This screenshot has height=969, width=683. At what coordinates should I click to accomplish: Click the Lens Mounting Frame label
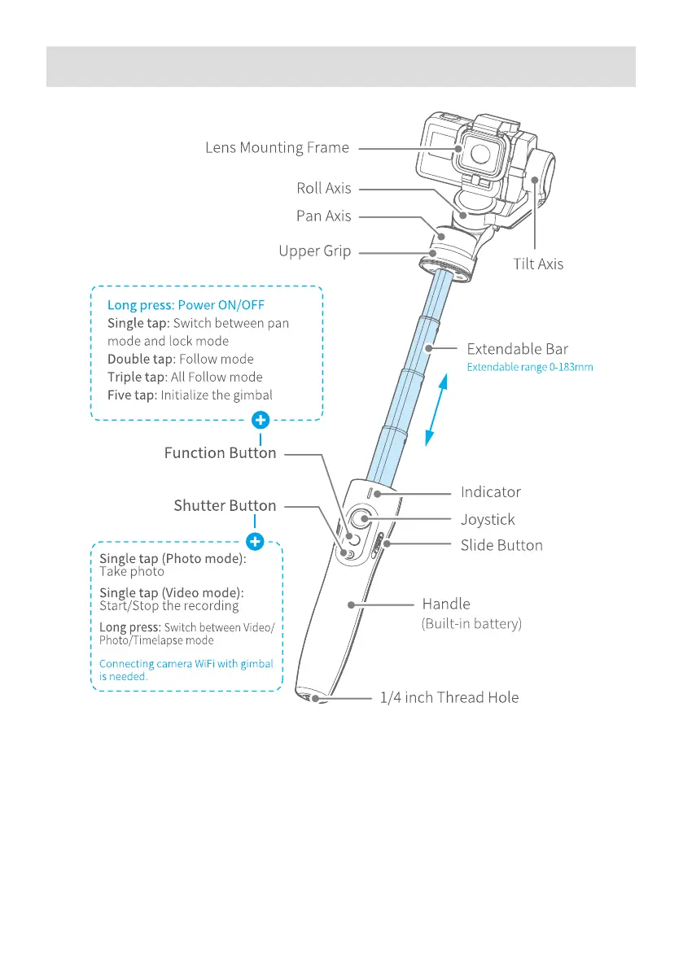click(x=277, y=148)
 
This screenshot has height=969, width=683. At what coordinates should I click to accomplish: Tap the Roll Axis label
click(x=324, y=188)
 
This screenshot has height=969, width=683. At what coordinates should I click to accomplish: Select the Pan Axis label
click(x=324, y=216)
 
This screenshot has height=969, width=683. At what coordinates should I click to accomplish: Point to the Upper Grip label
click(x=315, y=251)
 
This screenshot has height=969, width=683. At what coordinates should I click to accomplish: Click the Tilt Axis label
click(x=538, y=264)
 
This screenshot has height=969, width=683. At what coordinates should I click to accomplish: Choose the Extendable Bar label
click(x=517, y=349)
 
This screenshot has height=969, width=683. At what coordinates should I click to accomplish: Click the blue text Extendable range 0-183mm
click(x=529, y=368)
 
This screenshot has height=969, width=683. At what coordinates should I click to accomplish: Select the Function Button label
click(x=220, y=452)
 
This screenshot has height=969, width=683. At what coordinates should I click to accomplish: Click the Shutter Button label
click(x=225, y=505)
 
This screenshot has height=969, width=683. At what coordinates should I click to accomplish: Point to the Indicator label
click(x=490, y=492)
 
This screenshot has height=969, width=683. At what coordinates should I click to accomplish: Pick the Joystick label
click(x=488, y=519)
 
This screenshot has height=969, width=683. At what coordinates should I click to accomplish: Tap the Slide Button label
click(x=501, y=545)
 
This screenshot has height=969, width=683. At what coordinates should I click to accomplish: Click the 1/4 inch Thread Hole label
click(x=449, y=697)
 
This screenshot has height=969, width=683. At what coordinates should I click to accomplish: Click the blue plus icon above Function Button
click(x=260, y=421)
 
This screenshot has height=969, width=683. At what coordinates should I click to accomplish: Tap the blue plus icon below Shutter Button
click(x=255, y=540)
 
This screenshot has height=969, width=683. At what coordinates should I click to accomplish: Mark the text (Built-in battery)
click(x=471, y=624)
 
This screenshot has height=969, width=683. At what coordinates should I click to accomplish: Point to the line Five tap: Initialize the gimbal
click(x=190, y=395)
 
